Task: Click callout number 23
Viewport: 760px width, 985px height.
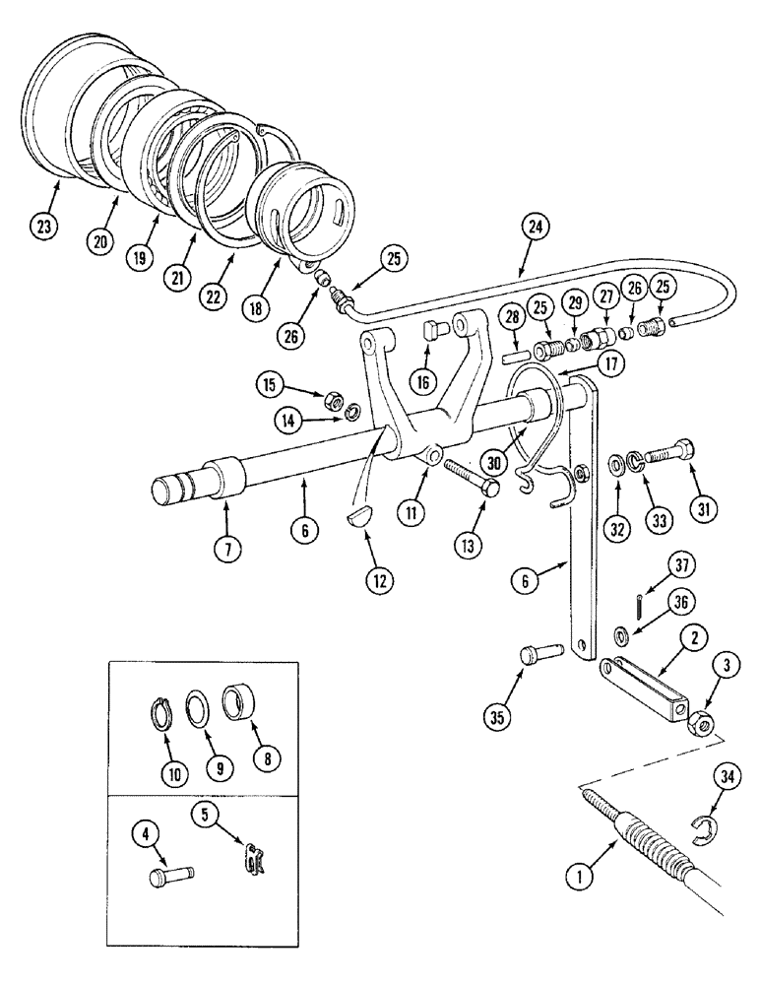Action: [x=43, y=227]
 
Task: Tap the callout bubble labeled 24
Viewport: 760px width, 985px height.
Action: [x=534, y=227]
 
